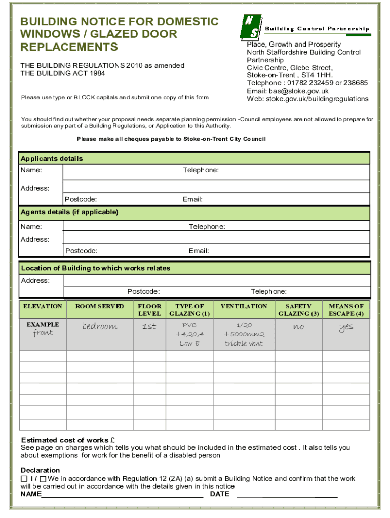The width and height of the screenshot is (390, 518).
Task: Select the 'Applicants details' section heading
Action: coord(52,159)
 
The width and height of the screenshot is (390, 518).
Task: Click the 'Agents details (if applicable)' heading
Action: coord(69,212)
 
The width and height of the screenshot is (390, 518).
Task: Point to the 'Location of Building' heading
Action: coord(96,268)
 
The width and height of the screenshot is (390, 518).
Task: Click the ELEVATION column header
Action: coord(43,306)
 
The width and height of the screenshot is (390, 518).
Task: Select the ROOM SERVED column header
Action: coord(99,306)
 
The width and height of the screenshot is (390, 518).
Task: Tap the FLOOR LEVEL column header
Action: coord(149,310)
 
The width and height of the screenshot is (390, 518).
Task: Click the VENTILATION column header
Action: coord(244,306)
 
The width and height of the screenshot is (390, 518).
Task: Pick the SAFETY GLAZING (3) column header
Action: coord(298,310)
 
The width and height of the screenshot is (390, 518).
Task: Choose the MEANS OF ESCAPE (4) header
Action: coord(346,310)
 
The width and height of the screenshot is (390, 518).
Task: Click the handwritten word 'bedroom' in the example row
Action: coord(99,327)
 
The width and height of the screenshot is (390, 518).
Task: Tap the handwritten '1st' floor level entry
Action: coord(149,327)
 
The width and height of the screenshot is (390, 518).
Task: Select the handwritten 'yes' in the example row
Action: coord(346,328)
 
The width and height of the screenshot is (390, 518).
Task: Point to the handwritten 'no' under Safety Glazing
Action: coord(298,327)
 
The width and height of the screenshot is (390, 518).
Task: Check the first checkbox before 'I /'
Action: coord(24,479)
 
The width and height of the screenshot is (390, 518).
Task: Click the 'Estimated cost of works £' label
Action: coord(67,440)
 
